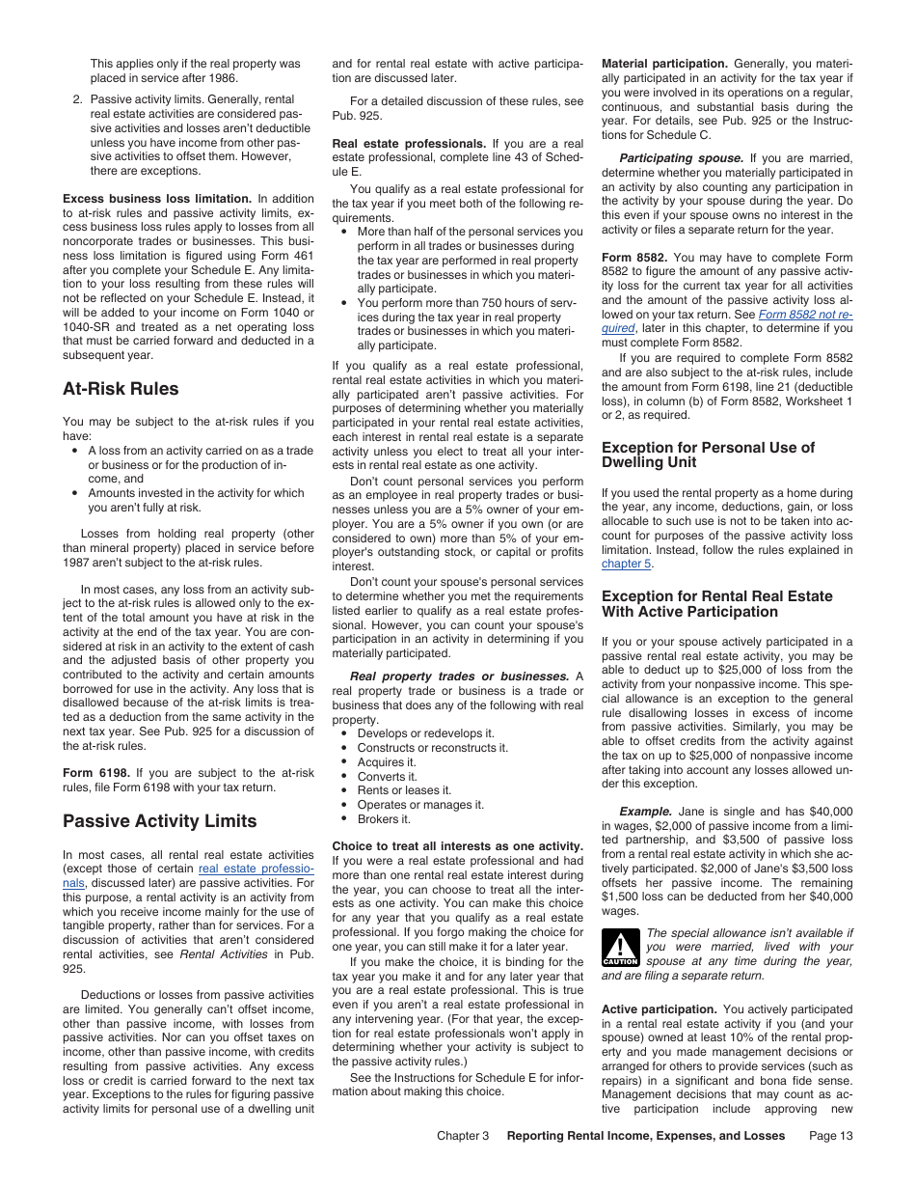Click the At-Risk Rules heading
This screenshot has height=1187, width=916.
point(121,389)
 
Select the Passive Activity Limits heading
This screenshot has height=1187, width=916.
point(159,821)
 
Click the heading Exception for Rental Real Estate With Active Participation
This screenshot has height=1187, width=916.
point(715,604)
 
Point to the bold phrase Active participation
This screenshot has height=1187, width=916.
point(658,1009)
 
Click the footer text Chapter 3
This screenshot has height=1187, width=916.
point(462,1136)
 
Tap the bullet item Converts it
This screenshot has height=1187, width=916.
point(387,776)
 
